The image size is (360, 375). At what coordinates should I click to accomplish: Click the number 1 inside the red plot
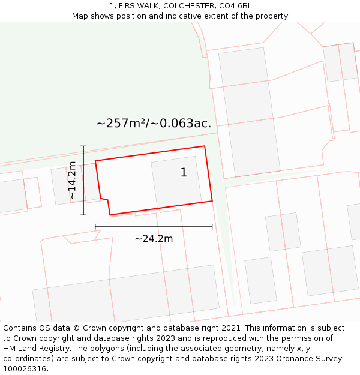184,173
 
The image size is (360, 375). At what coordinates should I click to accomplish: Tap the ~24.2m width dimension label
154,239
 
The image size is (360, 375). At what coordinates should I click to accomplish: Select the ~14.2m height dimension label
72,180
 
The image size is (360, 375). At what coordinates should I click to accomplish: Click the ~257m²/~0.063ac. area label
154,124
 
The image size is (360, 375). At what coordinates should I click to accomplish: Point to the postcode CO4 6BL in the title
235,6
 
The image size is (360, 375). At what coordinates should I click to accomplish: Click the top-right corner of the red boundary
205,146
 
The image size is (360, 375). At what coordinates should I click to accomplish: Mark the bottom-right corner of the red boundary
212,200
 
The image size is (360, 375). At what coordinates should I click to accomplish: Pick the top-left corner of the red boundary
95,161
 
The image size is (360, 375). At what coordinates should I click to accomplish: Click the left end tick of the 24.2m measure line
95,227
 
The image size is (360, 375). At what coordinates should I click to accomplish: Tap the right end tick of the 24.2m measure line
212,227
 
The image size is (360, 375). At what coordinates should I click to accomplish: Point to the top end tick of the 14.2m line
83,146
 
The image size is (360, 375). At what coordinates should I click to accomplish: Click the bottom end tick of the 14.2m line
83,215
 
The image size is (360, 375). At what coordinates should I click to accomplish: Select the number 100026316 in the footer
24,369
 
